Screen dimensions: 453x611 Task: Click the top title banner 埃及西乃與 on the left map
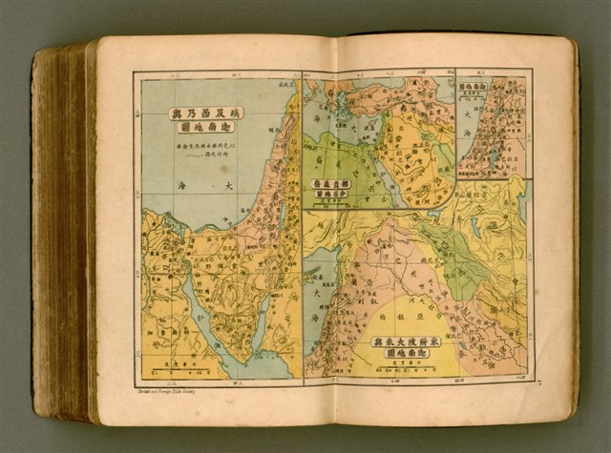point(206,113)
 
